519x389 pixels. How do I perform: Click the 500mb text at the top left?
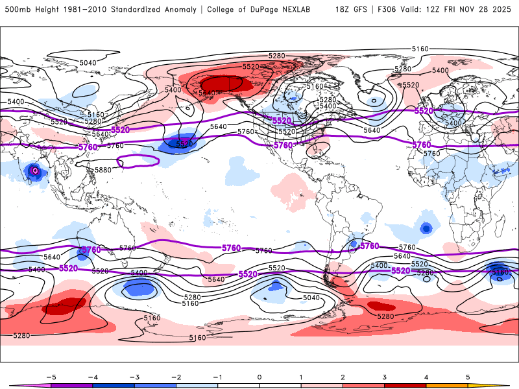coord(15,10)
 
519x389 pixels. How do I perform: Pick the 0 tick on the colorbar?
coord(259,377)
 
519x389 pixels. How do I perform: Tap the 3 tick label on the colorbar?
coord(385,377)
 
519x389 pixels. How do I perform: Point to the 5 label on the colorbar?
coord(468,377)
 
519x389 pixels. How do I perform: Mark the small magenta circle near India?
coord(36,171)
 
